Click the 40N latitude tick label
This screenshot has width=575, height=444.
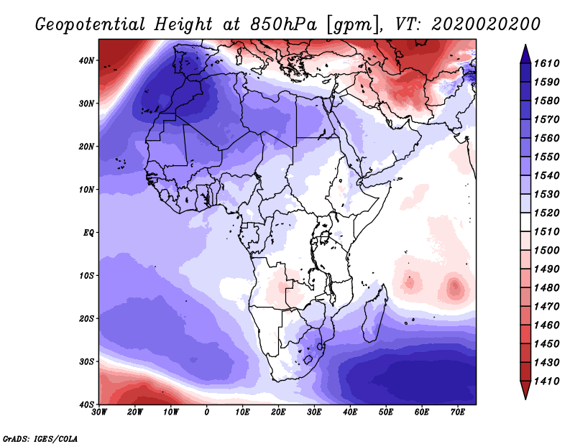(86, 60)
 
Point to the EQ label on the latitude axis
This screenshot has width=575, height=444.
(88, 233)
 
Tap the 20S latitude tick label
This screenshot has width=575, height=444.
(86, 318)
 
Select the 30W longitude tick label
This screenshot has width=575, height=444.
(99, 412)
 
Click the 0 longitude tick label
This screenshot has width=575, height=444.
(207, 412)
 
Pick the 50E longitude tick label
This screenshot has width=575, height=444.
(386, 412)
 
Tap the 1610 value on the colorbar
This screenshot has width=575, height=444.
(547, 63)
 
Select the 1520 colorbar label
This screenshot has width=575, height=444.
(547, 213)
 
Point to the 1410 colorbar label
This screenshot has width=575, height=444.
(547, 381)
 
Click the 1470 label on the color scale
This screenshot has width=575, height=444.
(547, 307)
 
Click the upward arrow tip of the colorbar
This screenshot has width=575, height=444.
(525, 45)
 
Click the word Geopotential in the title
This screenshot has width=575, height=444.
(91, 25)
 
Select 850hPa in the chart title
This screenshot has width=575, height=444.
(283, 24)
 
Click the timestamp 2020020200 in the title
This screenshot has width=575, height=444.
(486, 24)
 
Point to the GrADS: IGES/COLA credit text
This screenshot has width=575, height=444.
(40, 439)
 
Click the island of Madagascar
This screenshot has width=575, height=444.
(374, 315)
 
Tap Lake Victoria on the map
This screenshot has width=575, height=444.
(325, 237)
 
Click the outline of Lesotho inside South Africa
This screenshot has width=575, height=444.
(308, 359)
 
